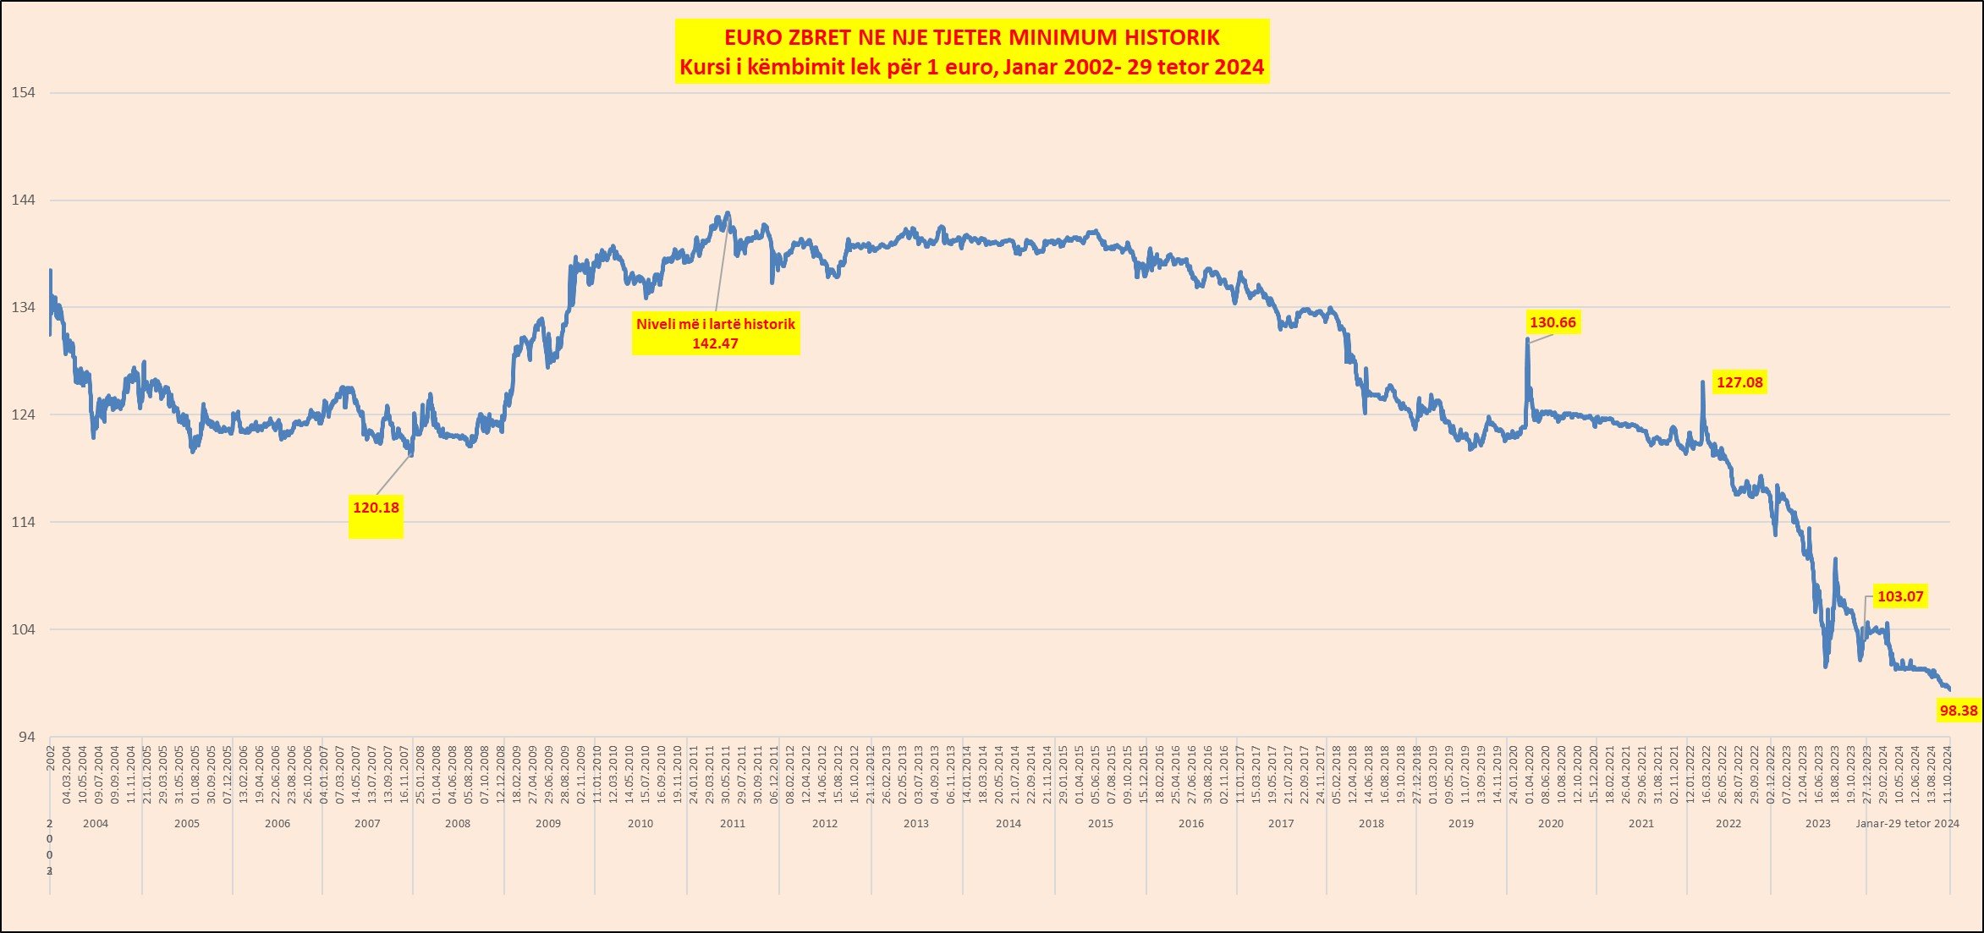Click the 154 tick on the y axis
[x=23, y=92]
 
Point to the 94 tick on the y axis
[x=27, y=737]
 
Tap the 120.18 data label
[x=376, y=508]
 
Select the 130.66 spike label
[x=1553, y=322]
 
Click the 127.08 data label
[x=1739, y=382]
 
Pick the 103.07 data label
[x=1900, y=596]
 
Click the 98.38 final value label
[x=1959, y=711]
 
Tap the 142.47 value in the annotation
[x=715, y=343]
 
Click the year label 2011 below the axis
[x=733, y=823]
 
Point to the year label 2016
[x=1191, y=823]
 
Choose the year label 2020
[x=1551, y=823]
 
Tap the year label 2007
[x=367, y=823]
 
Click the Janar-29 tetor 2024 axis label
[x=1907, y=823]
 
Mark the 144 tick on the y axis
[x=23, y=200]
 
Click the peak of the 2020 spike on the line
[x=1527, y=340]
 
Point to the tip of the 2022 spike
[x=1703, y=382]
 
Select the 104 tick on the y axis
[x=23, y=629]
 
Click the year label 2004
[x=96, y=823]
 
